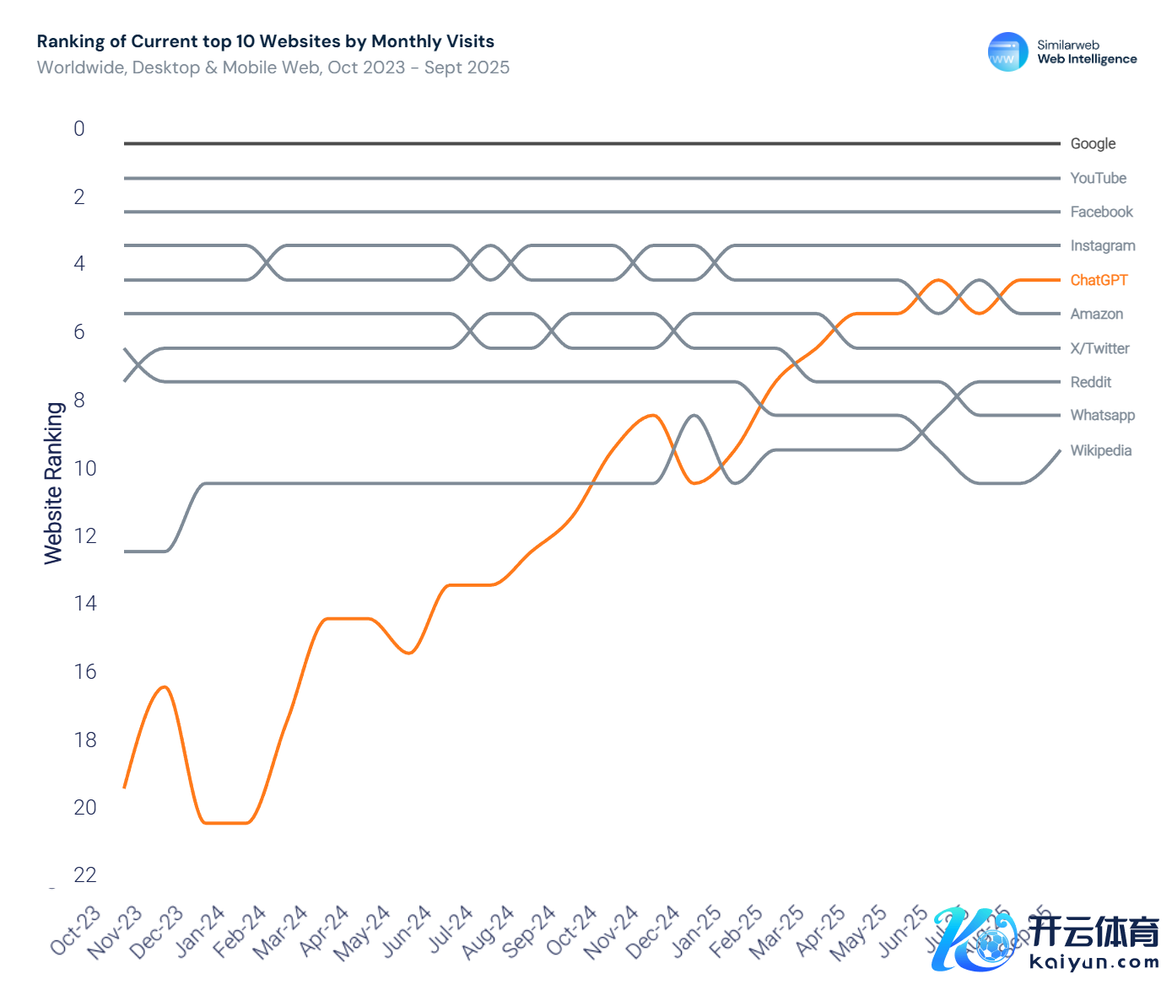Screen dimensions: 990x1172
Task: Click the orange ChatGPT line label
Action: [x=1099, y=280]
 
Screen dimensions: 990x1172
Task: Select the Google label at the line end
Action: [x=1093, y=143]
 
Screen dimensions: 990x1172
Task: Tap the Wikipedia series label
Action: [x=1100, y=450]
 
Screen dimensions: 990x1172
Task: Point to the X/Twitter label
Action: [x=1099, y=348]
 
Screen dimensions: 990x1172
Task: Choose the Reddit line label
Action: [x=1090, y=382]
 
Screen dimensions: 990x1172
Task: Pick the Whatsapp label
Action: [x=1102, y=415]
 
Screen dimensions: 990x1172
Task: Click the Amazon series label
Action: [x=1096, y=314]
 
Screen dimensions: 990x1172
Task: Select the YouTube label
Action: [x=1098, y=178]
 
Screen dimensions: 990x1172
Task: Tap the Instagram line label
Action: [x=1102, y=245]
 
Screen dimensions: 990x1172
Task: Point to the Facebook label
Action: [x=1101, y=212]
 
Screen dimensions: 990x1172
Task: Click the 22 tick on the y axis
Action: [x=85, y=874]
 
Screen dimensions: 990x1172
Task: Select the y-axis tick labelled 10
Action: [x=85, y=468]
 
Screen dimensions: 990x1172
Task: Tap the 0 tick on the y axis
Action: [x=79, y=128]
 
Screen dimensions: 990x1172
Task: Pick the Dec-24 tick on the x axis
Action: [x=653, y=931]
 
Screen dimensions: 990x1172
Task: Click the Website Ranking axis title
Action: [x=54, y=482]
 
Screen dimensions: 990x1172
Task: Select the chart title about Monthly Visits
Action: [x=266, y=41]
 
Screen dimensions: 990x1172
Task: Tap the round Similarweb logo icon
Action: [x=1007, y=52]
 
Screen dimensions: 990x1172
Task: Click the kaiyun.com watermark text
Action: [x=1094, y=961]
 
